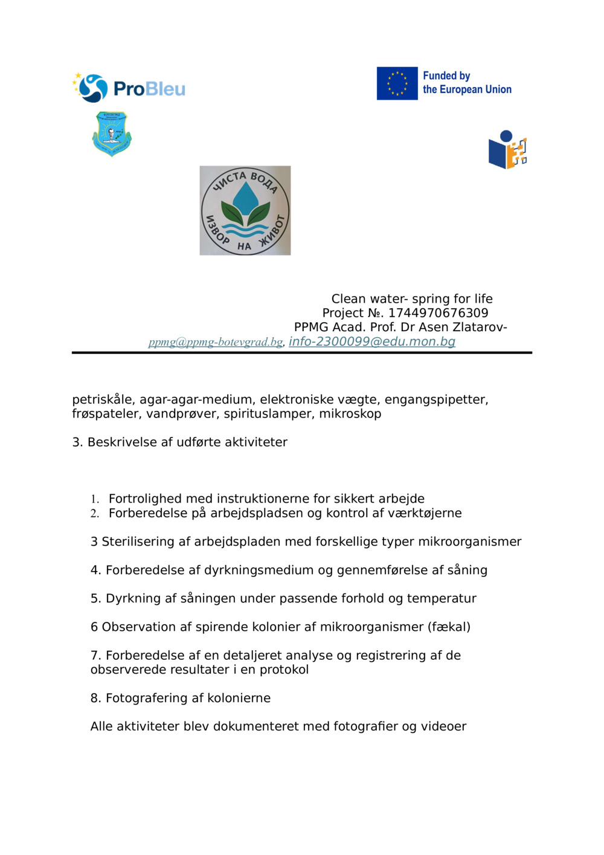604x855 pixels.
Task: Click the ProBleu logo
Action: [x=129, y=88]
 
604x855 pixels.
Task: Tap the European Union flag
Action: [x=397, y=83]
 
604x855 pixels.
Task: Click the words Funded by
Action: [x=446, y=76]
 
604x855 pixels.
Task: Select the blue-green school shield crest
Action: [x=112, y=134]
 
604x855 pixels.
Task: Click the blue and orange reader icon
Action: [x=507, y=150]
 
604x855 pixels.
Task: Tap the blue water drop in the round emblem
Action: [x=245, y=197]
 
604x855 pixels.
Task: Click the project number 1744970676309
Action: [x=438, y=313]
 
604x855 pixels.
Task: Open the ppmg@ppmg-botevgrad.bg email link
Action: [x=216, y=342]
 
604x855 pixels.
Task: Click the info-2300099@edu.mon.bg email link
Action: [x=371, y=341]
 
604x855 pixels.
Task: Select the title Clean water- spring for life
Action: [x=412, y=298]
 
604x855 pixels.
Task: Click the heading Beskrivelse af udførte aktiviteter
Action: [x=187, y=442]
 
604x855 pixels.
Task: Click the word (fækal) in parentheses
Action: [x=449, y=627]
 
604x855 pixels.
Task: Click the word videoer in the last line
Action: [x=443, y=727]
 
